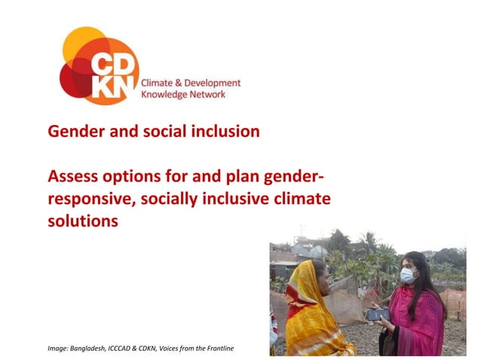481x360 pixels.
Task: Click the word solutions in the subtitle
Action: (83, 221)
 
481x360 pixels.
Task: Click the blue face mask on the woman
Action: (407, 276)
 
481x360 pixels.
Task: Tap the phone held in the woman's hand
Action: (377, 314)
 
